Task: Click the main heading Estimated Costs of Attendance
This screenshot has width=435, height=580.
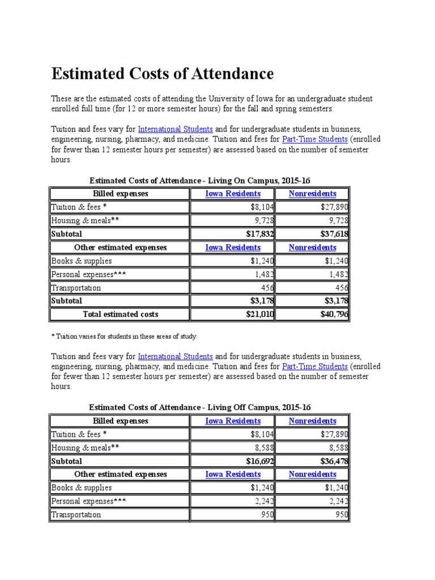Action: tap(163, 74)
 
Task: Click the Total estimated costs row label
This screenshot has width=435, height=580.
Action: tap(121, 314)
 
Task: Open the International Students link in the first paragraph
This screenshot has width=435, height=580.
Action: tap(175, 129)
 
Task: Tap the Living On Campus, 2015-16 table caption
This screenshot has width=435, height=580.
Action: tap(200, 180)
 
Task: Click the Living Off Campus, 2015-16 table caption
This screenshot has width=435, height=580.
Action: tap(200, 407)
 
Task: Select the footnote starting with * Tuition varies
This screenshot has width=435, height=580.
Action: tap(124, 336)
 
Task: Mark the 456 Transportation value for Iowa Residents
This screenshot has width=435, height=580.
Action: tap(267, 288)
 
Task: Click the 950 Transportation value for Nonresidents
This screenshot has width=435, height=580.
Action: tap(342, 515)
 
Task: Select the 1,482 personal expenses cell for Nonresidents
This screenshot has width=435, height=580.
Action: tap(338, 274)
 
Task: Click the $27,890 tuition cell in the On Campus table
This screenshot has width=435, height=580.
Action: tap(334, 207)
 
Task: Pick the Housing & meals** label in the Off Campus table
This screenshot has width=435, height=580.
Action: tap(85, 447)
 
